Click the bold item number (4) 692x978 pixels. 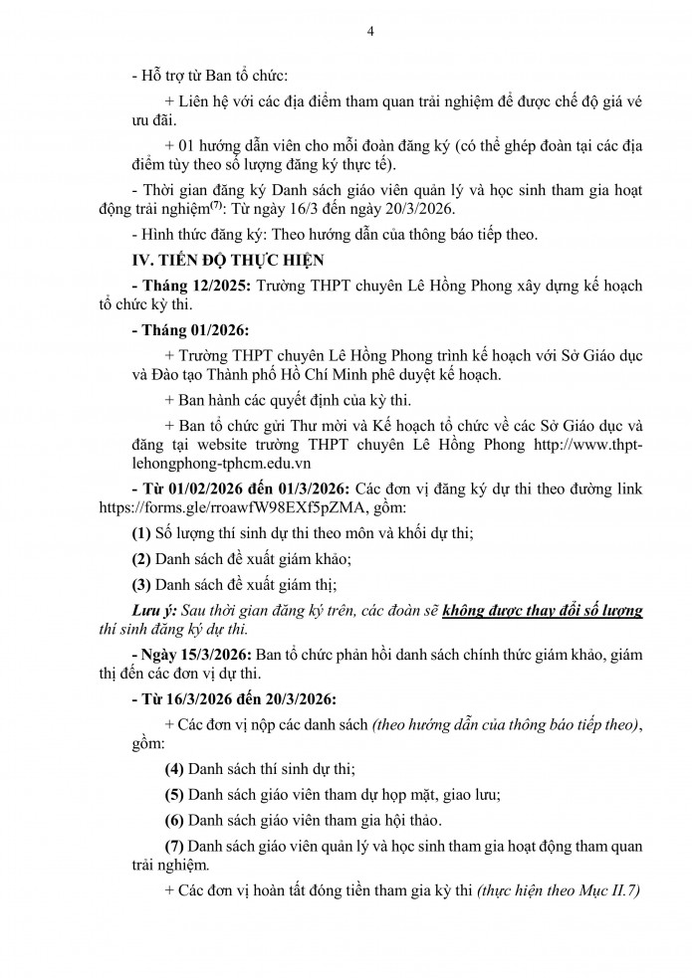pyautogui.click(x=175, y=768)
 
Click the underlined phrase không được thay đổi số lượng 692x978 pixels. pyautogui.click(x=543, y=610)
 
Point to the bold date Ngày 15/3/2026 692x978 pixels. pyautogui.click(x=190, y=654)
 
